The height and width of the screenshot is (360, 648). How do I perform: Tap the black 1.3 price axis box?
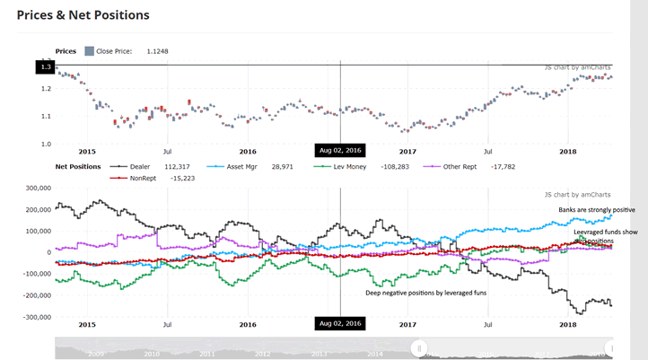pyautogui.click(x=45, y=66)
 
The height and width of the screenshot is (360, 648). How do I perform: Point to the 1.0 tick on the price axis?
pyautogui.click(x=45, y=144)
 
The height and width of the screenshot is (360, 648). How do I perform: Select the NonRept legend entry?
pyautogui.click(x=142, y=178)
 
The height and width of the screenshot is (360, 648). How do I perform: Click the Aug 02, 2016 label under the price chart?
pyautogui.click(x=340, y=150)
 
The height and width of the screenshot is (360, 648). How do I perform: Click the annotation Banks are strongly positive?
pyautogui.click(x=597, y=210)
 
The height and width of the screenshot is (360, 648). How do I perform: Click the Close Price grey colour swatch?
pyautogui.click(x=89, y=51)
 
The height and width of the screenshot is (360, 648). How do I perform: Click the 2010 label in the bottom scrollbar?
pyautogui.click(x=153, y=354)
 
